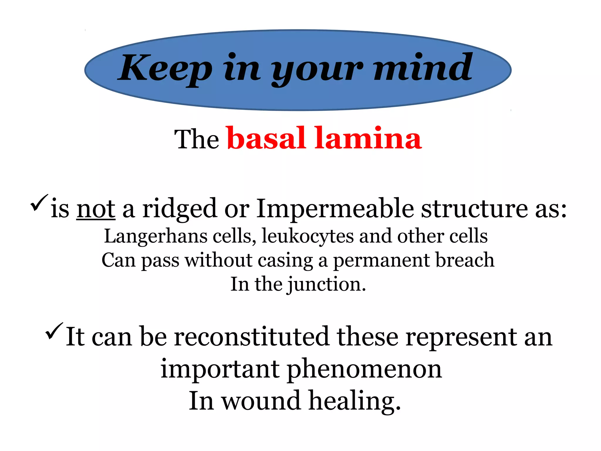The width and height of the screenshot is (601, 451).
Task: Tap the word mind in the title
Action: pyautogui.click(x=423, y=68)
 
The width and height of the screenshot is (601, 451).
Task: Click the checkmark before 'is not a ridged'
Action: pyautogui.click(x=39, y=203)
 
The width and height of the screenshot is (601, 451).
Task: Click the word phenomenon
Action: pyautogui.click(x=364, y=369)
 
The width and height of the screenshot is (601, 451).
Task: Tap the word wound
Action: pyautogui.click(x=261, y=401)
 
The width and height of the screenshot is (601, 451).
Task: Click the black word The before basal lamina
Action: pyautogui.click(x=196, y=140)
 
